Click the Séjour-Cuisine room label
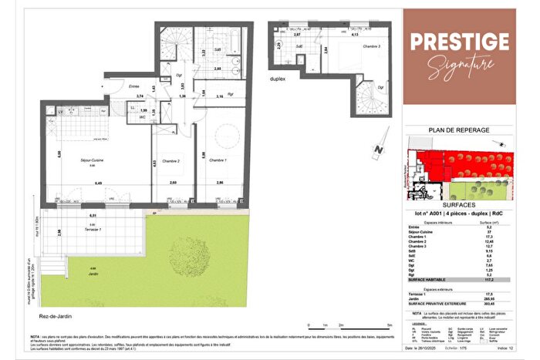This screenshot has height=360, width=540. point(93,160)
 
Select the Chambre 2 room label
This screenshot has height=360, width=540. point(172,161)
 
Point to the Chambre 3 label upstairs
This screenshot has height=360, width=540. point(333,46)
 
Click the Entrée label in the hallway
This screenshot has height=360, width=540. point(134,86)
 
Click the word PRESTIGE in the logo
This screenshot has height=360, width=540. point(458,41)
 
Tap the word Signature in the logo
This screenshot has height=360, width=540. point(461,64)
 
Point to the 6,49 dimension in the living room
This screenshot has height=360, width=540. point(99,183)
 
